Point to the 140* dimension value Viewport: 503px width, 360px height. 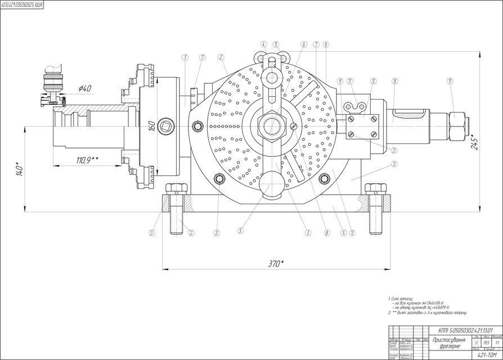tap(20, 169)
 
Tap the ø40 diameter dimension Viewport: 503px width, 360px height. tap(85, 88)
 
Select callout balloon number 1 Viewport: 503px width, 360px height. tap(185, 56)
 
